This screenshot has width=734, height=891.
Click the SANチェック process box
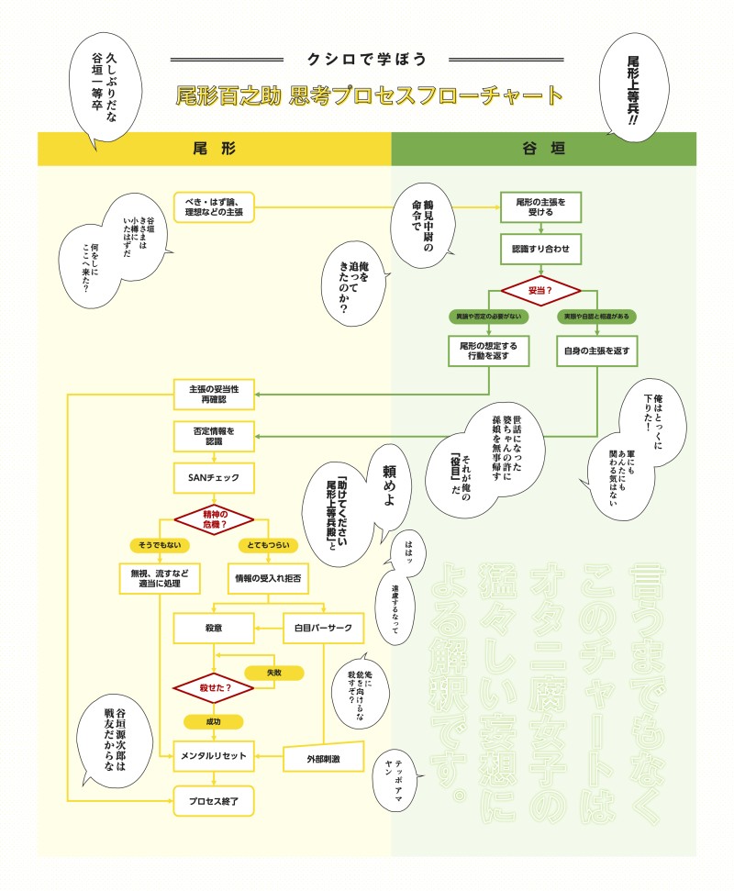pyautogui.click(x=213, y=476)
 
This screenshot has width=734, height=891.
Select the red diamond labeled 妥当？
pyautogui.click(x=540, y=291)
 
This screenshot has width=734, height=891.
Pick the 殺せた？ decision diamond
pyautogui.click(x=213, y=685)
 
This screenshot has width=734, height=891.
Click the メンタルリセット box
pyautogui.click(x=213, y=755)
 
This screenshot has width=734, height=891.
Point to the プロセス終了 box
pyautogui.click(x=213, y=800)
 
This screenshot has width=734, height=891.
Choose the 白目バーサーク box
pyautogui.click(x=324, y=628)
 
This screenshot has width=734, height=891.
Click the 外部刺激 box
pyautogui.click(x=323, y=759)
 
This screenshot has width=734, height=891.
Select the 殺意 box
pyautogui.click(x=213, y=628)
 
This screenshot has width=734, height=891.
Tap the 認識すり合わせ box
pyautogui.click(x=540, y=248)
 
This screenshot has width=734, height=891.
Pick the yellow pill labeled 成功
pyautogui.click(x=213, y=721)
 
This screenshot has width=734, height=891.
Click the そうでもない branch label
pyautogui.click(x=160, y=545)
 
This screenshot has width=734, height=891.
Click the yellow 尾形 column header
pyautogui.click(x=214, y=149)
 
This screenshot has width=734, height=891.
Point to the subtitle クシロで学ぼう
pyautogui.click(x=367, y=60)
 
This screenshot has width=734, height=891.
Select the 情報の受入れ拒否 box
pyautogui.click(x=268, y=579)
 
